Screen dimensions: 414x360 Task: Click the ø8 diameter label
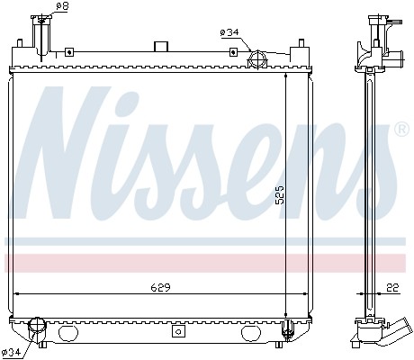coord(62,6)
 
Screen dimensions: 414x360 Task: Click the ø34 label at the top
coord(229,32)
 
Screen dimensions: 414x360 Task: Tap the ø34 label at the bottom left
coord(11,352)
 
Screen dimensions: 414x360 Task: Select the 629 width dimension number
coord(160,288)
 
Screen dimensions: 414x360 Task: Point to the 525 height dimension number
coord(280,195)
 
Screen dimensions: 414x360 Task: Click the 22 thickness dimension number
coord(392,288)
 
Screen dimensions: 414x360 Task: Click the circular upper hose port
coord(257,59)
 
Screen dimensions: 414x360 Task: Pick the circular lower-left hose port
coord(37,326)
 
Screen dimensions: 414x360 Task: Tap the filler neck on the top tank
coord(41,38)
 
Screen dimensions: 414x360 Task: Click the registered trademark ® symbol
coord(403,130)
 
